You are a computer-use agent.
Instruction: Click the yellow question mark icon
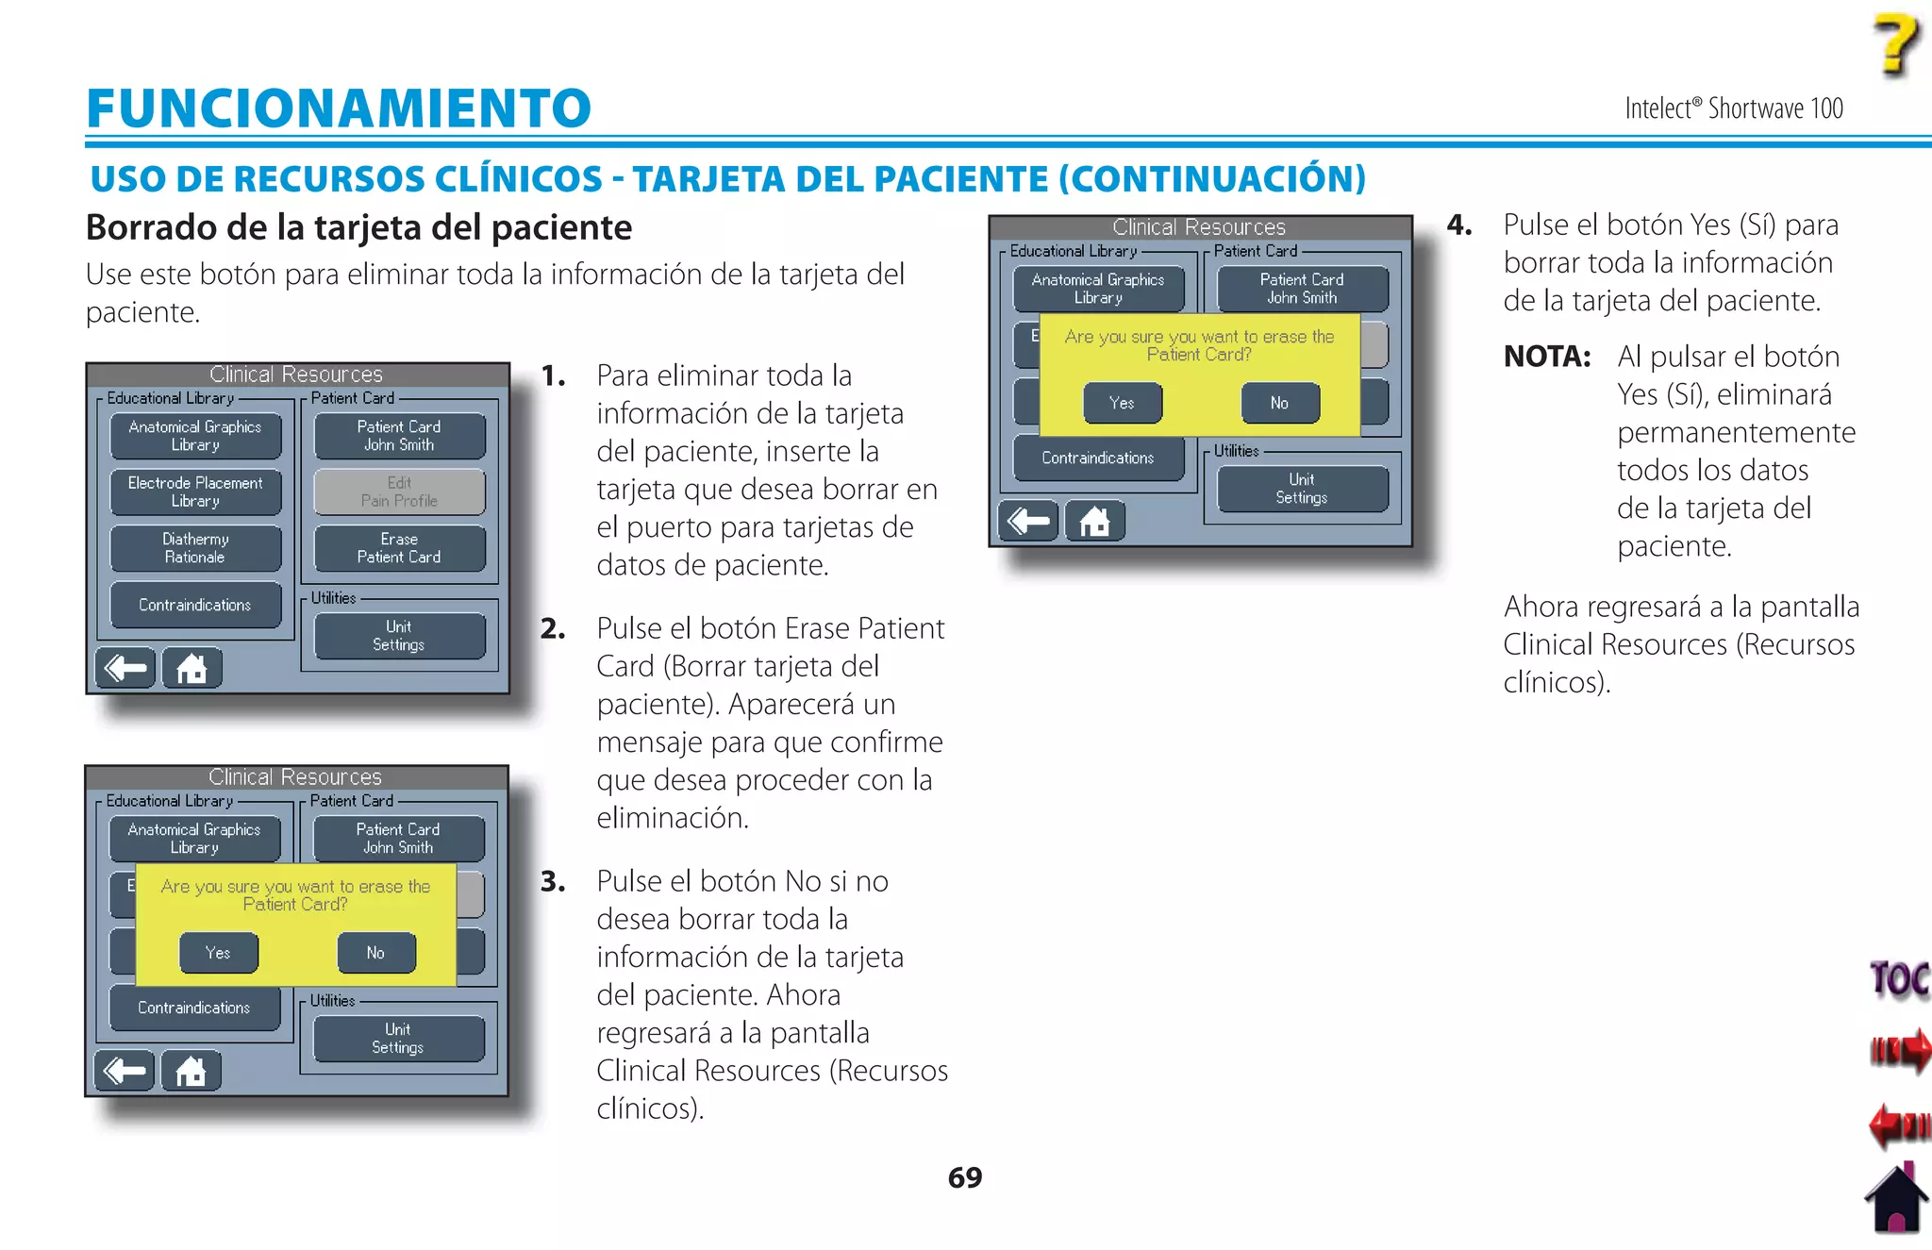tap(1894, 44)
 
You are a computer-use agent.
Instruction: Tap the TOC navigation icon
tap(1898, 979)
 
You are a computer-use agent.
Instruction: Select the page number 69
tap(964, 1177)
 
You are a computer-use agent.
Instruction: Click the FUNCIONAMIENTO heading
tap(339, 108)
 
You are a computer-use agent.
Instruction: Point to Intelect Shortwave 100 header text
tap(1733, 108)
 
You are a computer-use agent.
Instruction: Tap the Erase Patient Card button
tap(399, 548)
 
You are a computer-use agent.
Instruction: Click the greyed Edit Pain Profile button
tap(399, 492)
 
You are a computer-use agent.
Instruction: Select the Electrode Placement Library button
tap(195, 492)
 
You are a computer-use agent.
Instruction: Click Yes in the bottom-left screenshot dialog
tap(218, 953)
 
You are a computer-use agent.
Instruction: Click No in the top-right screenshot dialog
tap(1279, 403)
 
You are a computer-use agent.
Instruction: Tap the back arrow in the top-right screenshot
tap(1028, 521)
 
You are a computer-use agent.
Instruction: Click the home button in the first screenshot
tap(192, 668)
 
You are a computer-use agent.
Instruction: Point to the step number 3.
tap(553, 881)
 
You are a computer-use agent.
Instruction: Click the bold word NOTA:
tap(1547, 357)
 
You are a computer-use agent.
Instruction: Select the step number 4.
tap(1459, 225)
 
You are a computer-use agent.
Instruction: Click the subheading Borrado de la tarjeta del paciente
tap(358, 227)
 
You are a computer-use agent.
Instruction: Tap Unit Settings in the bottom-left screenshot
tap(398, 1038)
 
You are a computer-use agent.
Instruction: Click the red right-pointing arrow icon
tap(1898, 1049)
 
